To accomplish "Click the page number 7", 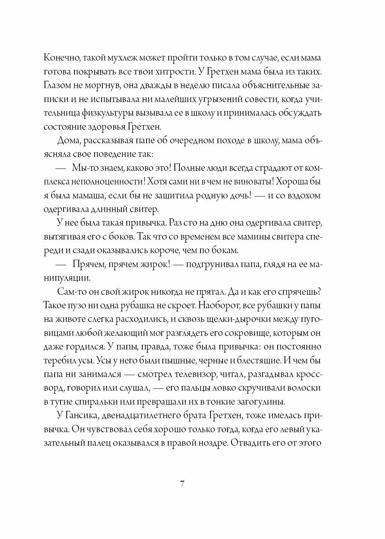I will coord(182,484).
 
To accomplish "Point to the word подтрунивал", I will coord(210,264).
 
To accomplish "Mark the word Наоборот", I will coord(218,306).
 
